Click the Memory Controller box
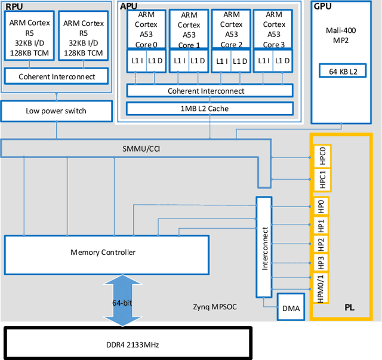[x=106, y=252]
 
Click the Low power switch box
[x=56, y=110]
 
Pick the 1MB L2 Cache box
[x=210, y=108]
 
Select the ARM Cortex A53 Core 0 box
[x=147, y=30]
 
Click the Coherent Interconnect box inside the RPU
[x=56, y=76]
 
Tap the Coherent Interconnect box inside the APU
[x=210, y=91]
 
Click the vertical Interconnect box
[x=264, y=247]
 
